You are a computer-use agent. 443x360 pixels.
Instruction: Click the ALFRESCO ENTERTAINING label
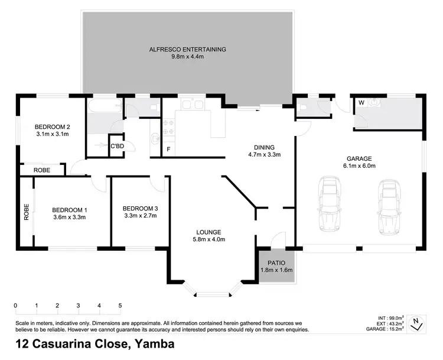188,49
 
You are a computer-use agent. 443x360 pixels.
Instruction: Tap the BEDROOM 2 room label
53,127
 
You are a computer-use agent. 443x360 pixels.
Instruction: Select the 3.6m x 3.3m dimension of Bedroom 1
69,217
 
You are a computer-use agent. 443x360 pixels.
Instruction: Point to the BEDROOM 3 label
140,209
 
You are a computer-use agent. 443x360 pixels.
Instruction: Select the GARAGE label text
359,158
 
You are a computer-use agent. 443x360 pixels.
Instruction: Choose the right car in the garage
388,207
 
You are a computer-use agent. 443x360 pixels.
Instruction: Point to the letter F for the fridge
168,149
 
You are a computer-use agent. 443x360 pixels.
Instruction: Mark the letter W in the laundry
360,102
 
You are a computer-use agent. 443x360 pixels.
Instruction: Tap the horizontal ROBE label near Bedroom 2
41,170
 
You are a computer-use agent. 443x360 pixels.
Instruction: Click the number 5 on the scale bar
120,306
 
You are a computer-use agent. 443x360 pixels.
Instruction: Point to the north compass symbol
418,322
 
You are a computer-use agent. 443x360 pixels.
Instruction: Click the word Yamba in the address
154,344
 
